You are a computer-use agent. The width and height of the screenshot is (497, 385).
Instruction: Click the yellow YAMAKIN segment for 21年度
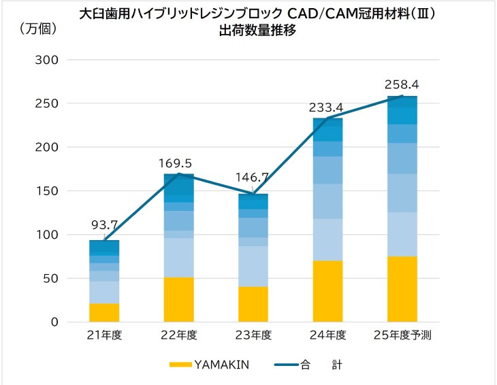(x=104, y=313)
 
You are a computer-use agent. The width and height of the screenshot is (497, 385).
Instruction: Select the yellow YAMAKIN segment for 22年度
(x=179, y=300)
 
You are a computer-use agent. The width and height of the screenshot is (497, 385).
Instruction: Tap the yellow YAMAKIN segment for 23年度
(x=253, y=304)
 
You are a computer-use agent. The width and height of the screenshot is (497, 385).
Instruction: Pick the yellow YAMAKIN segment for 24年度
(x=328, y=291)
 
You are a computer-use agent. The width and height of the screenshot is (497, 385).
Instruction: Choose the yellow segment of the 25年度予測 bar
(x=402, y=289)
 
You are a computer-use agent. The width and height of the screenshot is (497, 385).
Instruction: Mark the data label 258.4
(x=402, y=84)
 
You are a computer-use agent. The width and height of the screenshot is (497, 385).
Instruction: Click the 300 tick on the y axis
(x=47, y=60)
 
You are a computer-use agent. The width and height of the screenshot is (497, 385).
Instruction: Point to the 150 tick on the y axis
(x=47, y=191)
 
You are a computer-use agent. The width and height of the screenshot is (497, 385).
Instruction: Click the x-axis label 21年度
(x=104, y=335)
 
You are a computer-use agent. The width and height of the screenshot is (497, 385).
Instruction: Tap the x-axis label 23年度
(x=253, y=335)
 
